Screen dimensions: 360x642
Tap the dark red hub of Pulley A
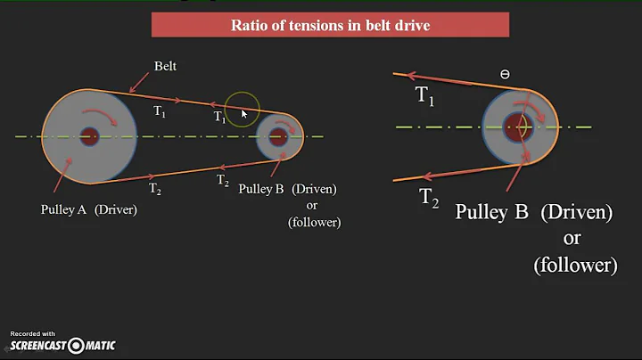[88, 136]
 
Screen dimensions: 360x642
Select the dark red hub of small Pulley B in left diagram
[278, 137]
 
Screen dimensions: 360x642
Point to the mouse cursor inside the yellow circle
[243, 114]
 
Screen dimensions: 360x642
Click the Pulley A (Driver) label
[87, 210]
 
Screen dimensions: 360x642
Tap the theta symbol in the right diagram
[505, 75]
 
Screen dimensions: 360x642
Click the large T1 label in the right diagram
[425, 96]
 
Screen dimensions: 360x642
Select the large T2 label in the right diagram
[430, 198]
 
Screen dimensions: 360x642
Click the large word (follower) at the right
[575, 265]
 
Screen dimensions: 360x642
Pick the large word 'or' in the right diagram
[572, 239]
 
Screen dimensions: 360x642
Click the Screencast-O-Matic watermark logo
[62, 346]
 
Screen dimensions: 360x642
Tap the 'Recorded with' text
[32, 332]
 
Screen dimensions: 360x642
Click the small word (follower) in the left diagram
[314, 222]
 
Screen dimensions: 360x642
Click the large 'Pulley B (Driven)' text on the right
[534, 212]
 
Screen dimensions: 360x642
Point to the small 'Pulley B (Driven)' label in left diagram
[288, 190]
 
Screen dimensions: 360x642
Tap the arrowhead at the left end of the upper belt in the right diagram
[399, 75]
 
